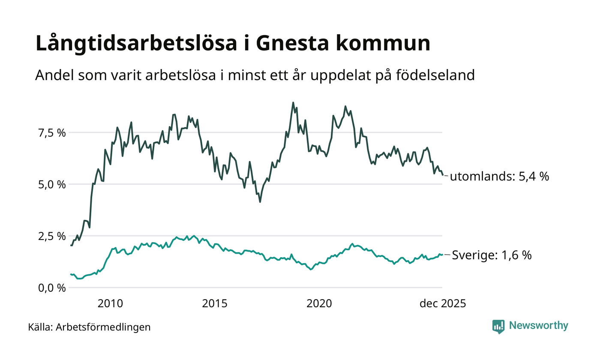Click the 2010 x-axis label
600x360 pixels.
pyautogui.click(x=110, y=303)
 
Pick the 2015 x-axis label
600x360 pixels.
pyautogui.click(x=215, y=303)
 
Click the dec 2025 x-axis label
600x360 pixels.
pyautogui.click(x=442, y=303)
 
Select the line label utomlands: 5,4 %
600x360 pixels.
pyautogui.click(x=499, y=176)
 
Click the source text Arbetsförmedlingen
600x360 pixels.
pyautogui.click(x=103, y=327)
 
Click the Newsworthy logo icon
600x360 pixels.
pyautogui.click(x=498, y=327)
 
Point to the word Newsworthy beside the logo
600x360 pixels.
pyautogui.click(x=538, y=326)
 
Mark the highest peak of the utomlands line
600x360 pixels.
pyautogui.click(x=293, y=103)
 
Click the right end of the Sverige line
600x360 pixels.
pyautogui.click(x=442, y=255)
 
